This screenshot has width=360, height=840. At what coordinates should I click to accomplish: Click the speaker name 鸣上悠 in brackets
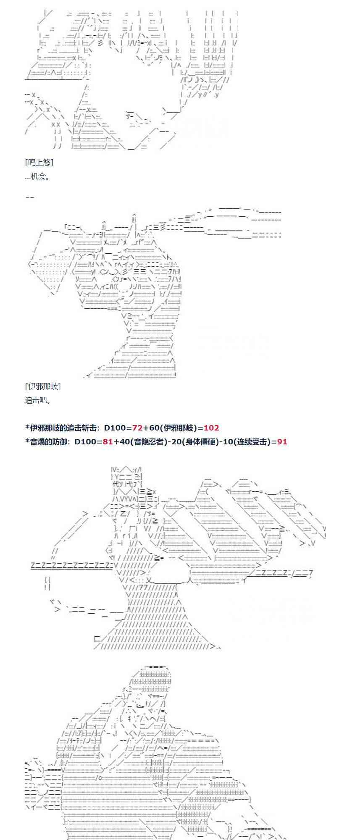click(39, 163)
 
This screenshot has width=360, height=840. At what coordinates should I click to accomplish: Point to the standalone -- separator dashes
click(29, 197)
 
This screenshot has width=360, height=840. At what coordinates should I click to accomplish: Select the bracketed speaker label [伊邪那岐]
click(42, 386)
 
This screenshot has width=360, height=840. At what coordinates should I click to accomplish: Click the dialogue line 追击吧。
click(38, 400)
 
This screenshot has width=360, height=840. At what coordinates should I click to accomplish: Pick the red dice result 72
click(137, 428)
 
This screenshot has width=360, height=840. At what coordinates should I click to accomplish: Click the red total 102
click(211, 428)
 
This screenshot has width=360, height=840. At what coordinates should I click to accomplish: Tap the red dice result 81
click(108, 441)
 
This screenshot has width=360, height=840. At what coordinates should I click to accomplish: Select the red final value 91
click(282, 441)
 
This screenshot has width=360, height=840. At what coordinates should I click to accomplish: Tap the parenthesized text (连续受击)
click(250, 441)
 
